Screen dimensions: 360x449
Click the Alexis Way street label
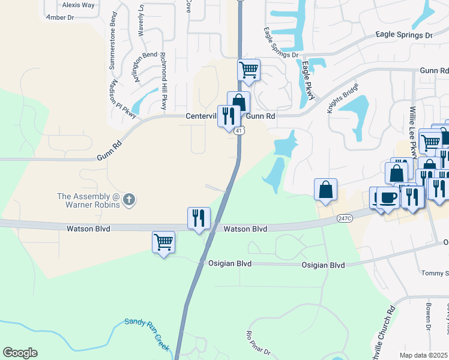(79, 5)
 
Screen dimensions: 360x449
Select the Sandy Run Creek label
(147, 335)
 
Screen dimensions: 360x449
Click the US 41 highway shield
(238, 130)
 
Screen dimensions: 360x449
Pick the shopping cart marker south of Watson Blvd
(163, 242)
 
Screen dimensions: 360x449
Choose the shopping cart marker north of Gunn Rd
(249, 70)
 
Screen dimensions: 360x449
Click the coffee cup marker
(388, 197)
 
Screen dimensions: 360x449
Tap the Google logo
(20, 353)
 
